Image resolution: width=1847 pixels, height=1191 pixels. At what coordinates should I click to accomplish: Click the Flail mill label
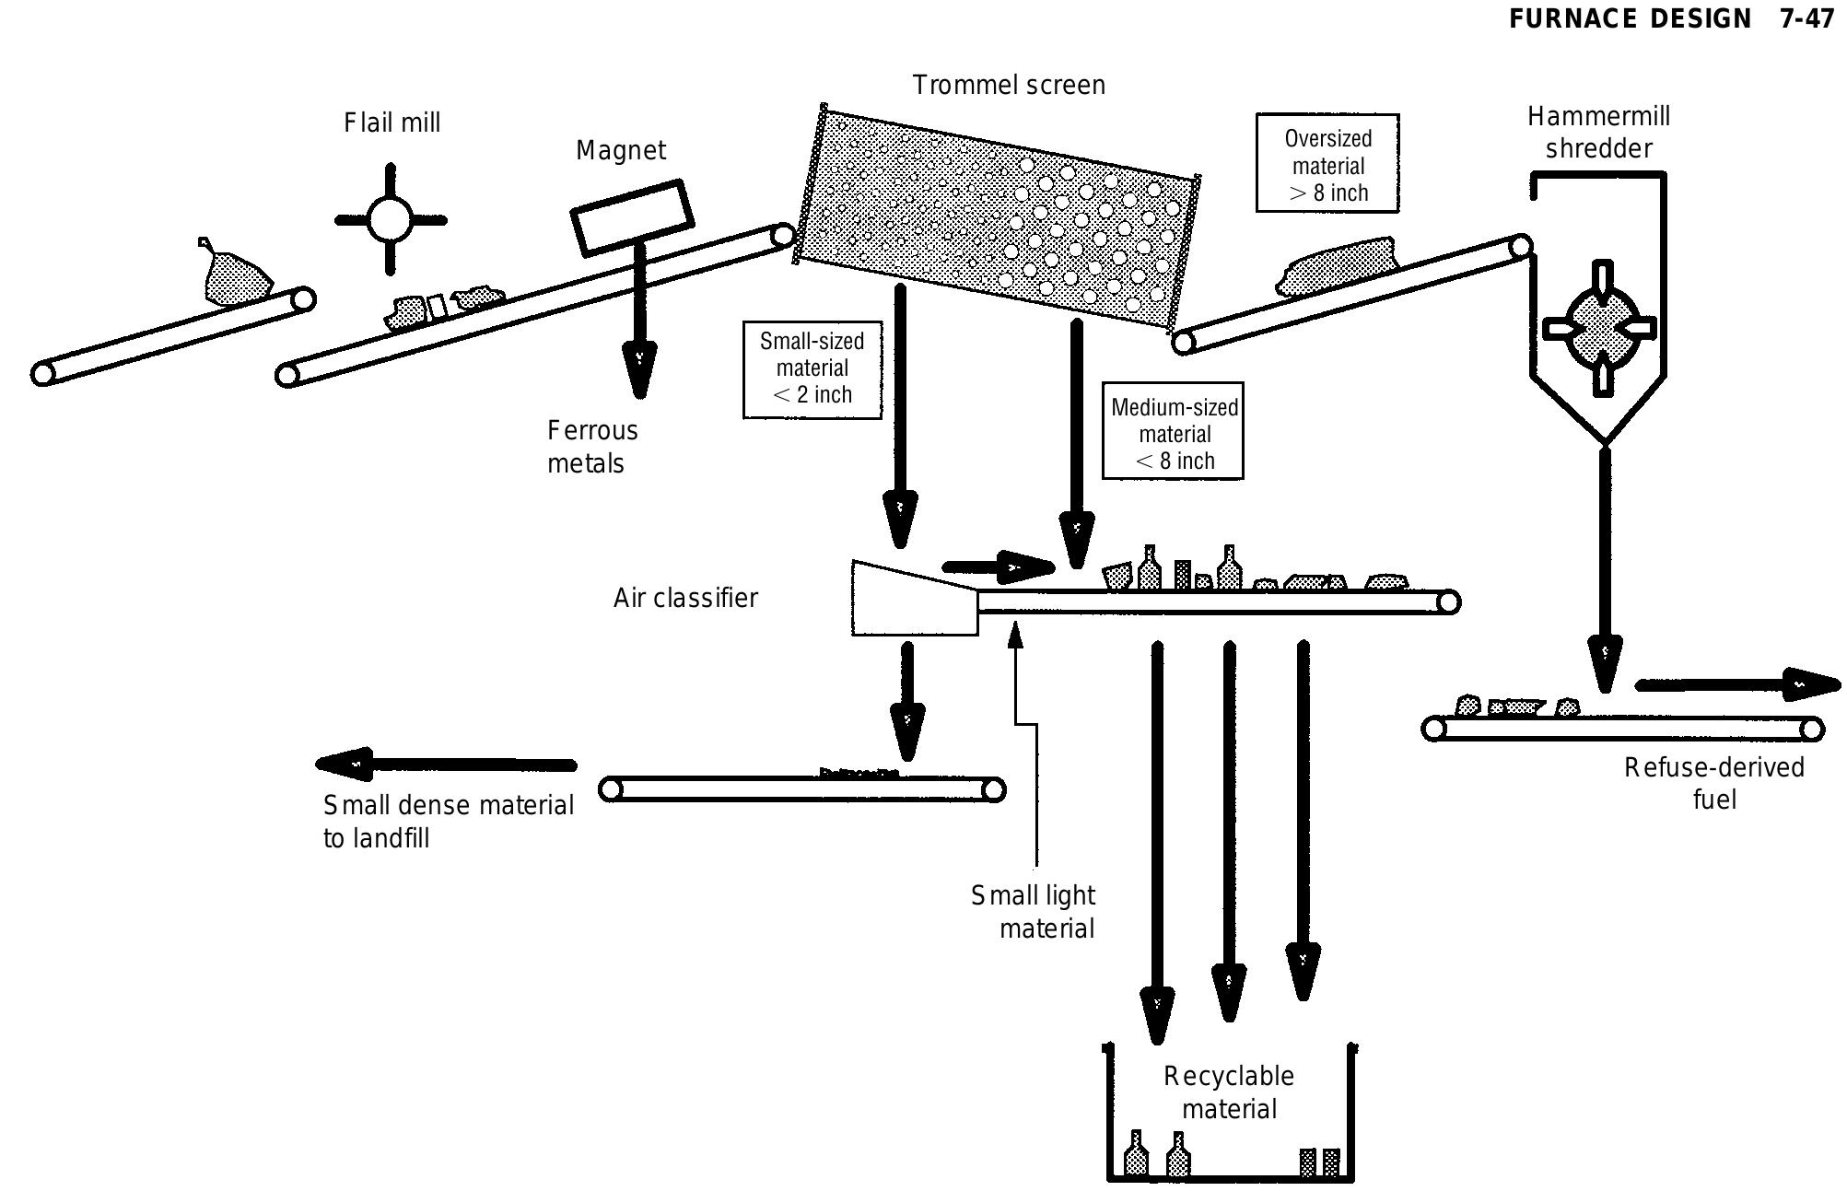392,123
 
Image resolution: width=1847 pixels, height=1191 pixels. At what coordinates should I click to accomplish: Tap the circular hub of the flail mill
390,220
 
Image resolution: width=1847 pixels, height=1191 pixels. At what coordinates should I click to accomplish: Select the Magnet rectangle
632,217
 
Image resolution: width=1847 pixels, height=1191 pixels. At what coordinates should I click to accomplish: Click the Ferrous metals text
591,447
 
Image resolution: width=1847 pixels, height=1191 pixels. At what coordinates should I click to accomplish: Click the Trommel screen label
1009,86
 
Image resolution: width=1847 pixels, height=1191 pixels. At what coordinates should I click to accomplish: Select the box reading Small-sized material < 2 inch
812,368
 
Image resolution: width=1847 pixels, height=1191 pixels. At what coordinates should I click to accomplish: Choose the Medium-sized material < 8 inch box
1174,434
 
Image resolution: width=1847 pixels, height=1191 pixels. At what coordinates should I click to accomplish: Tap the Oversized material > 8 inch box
1327,165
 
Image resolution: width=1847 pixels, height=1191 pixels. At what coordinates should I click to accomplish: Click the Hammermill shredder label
1598,133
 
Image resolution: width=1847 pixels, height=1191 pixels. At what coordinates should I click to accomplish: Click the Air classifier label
685,598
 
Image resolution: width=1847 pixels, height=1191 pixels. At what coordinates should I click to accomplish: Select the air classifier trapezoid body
912,601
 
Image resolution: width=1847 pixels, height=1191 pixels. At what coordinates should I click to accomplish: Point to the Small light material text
1035,911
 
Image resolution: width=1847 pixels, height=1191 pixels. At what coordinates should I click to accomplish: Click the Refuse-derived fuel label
1713,783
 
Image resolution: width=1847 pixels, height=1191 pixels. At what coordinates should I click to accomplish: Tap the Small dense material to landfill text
448,821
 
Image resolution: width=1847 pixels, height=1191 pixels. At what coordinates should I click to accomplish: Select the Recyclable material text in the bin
1229,1092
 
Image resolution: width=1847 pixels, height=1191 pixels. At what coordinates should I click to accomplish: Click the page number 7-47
1806,19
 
